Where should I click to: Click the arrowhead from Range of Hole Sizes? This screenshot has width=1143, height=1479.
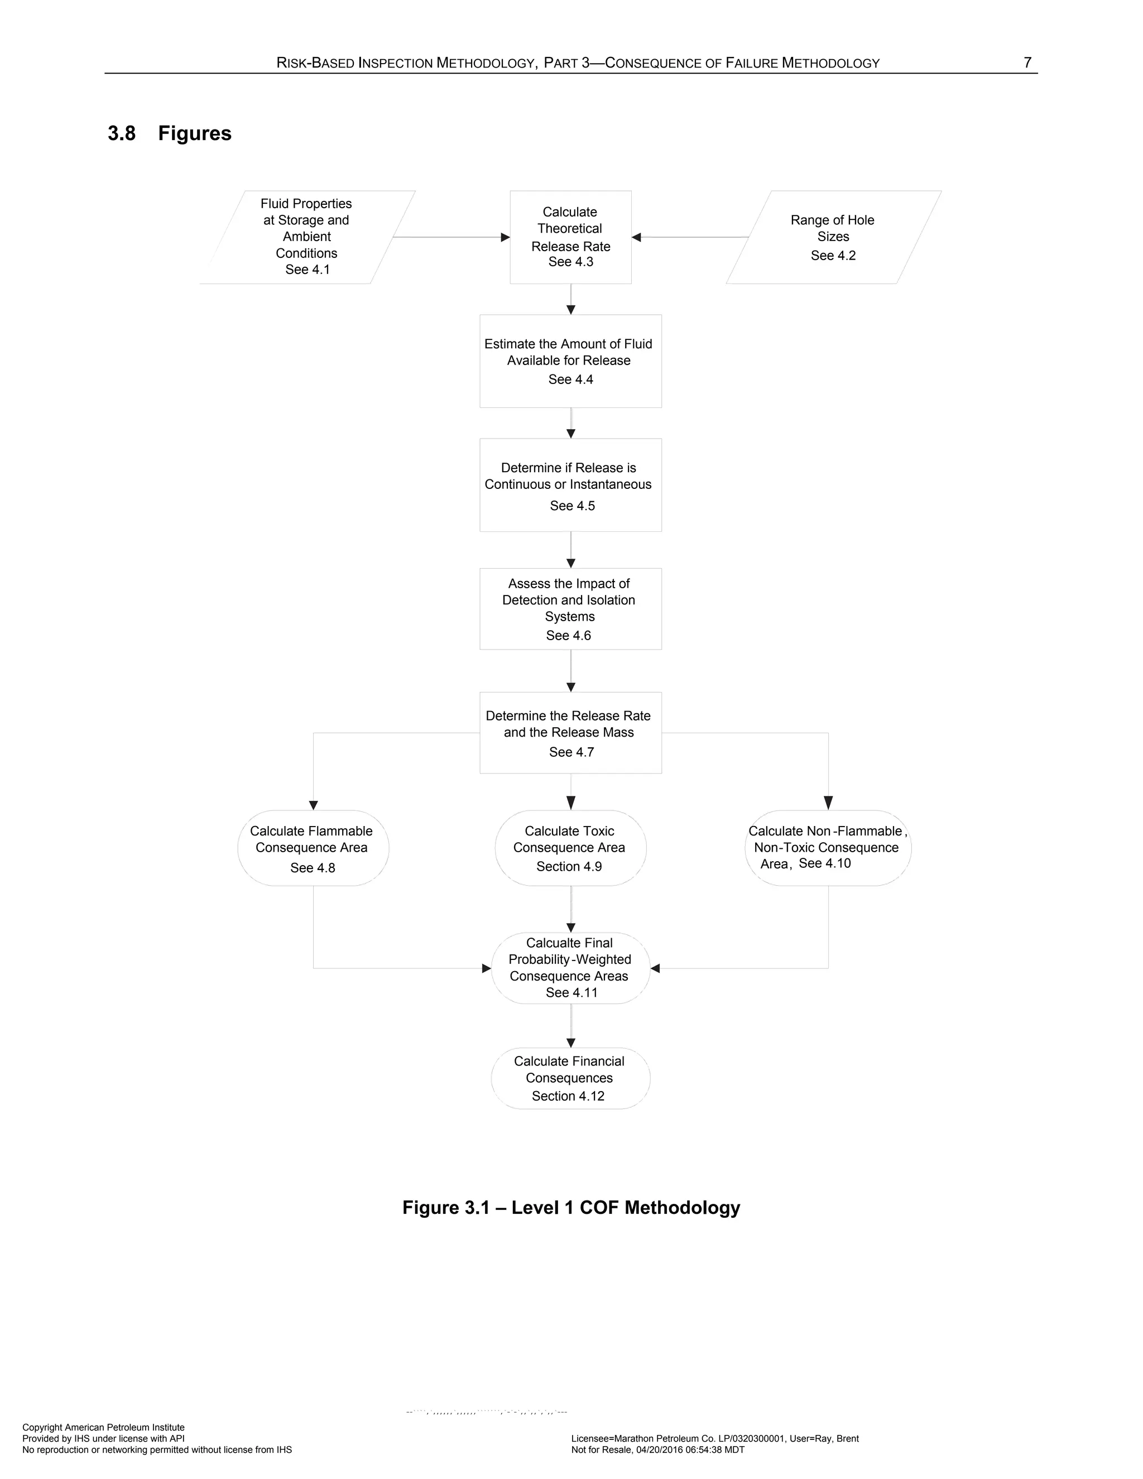click(636, 237)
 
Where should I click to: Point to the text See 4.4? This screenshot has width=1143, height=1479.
click(570, 379)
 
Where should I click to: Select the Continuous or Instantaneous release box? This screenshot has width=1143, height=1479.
click(570, 485)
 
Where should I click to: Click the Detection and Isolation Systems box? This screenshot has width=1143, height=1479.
click(570, 608)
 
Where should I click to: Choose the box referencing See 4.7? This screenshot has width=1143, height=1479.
click(570, 733)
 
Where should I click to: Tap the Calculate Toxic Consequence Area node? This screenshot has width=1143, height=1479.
click(570, 848)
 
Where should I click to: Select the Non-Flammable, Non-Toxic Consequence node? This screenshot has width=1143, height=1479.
click(828, 848)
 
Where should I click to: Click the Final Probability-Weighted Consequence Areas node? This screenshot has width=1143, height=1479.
click(570, 968)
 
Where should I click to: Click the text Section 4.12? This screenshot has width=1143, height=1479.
click(568, 1096)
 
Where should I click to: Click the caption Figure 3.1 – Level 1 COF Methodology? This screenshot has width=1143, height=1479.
click(571, 1207)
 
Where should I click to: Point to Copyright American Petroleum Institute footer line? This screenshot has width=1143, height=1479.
click(104, 1428)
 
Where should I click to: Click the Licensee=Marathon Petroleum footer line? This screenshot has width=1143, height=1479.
click(714, 1438)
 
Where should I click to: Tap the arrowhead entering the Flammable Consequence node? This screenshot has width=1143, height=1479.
click(313, 805)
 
